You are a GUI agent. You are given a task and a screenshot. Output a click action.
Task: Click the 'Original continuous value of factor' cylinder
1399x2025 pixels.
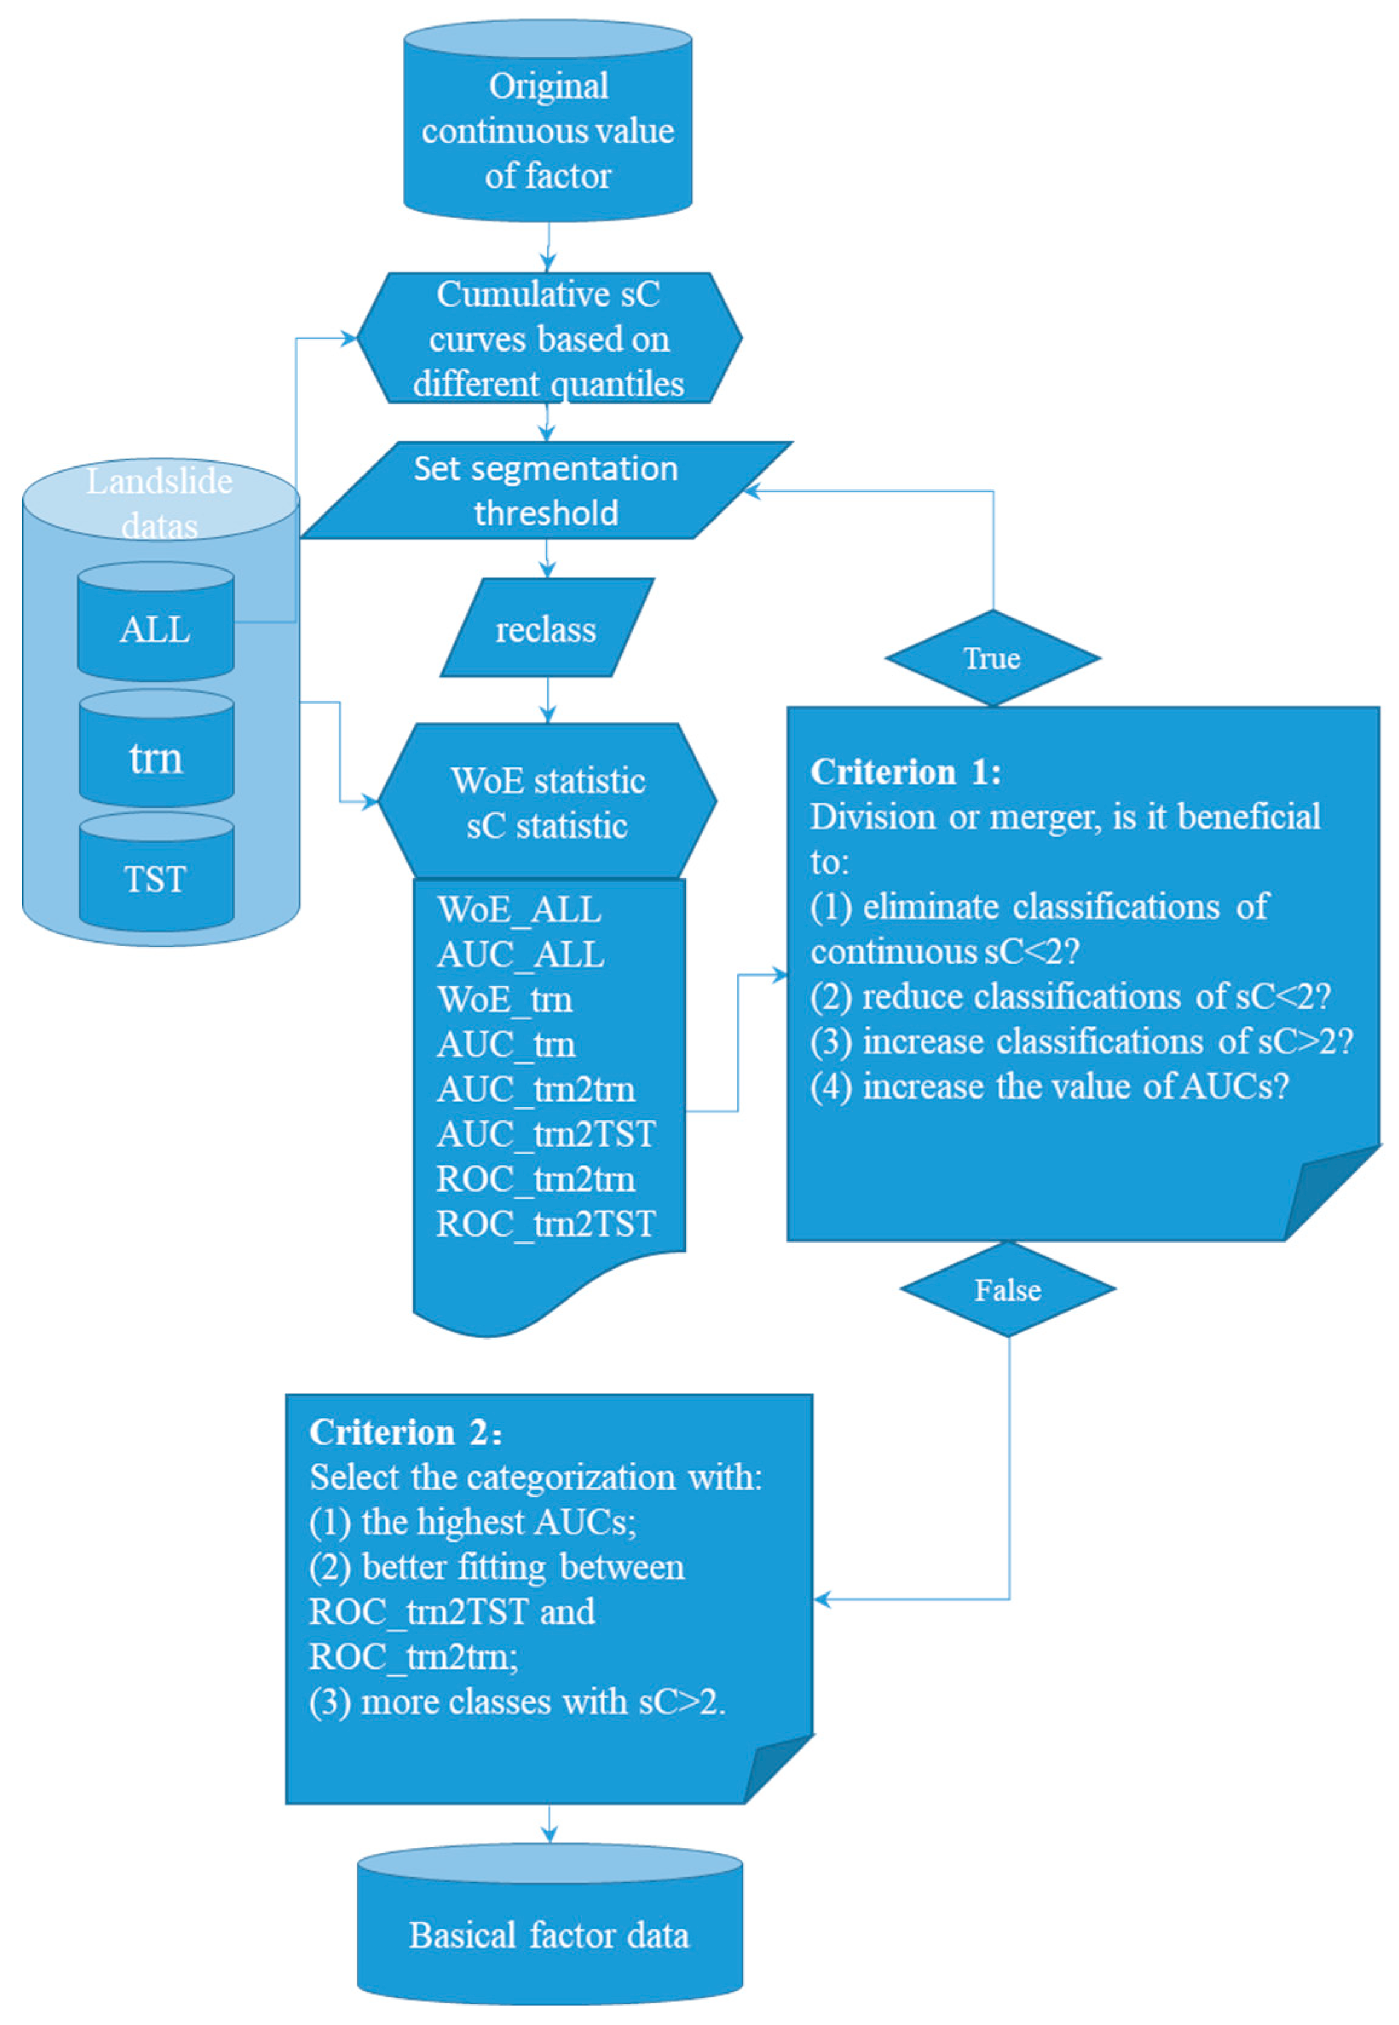click(x=548, y=129)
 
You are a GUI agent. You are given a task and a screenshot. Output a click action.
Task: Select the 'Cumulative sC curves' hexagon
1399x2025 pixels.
click(x=549, y=338)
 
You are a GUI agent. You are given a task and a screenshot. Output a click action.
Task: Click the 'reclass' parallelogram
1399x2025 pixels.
click(x=546, y=629)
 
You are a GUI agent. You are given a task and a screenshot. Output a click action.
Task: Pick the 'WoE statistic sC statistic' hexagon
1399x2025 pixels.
click(x=548, y=802)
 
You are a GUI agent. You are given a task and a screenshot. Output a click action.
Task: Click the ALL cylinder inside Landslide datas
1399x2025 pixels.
click(x=155, y=629)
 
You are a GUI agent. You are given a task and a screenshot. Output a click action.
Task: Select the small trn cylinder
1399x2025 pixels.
click(x=156, y=756)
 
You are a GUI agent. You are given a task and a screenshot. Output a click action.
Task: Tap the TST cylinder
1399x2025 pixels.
click(x=156, y=878)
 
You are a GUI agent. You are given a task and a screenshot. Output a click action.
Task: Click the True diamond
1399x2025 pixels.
click(x=993, y=658)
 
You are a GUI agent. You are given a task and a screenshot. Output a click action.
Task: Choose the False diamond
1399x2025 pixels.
click(x=1008, y=1289)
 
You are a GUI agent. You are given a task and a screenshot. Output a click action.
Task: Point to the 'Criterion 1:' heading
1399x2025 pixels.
click(x=905, y=771)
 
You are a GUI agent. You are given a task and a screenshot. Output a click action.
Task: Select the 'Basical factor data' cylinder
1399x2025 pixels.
click(x=550, y=1935)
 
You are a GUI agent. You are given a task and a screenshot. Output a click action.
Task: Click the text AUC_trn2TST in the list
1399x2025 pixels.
click(x=545, y=1133)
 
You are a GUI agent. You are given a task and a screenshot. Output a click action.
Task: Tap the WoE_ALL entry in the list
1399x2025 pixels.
click(x=519, y=909)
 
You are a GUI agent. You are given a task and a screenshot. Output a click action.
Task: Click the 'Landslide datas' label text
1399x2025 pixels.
click(x=160, y=502)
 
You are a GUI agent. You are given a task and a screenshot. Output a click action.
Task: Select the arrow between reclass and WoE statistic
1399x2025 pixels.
click(x=548, y=699)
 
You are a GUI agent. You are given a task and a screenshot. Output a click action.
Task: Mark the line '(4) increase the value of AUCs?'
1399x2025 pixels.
click(x=1049, y=1086)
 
